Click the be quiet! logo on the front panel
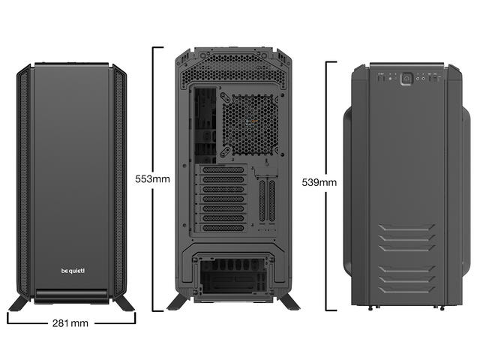[73, 271]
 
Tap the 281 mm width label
[70, 323]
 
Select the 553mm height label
[152, 178]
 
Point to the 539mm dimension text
[319, 182]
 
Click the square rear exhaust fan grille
[250, 125]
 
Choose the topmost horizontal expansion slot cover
[223, 170]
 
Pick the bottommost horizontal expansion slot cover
[223, 228]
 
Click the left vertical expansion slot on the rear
[262, 201]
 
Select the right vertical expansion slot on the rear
[271, 201]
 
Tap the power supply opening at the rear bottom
[233, 275]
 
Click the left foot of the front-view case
[19, 303]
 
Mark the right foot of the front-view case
[124, 303]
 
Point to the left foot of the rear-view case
[178, 301]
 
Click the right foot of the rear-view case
[289, 301]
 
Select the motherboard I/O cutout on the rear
[205, 125]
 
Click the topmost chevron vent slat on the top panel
[406, 227]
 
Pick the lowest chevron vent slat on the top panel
[406, 289]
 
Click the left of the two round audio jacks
[418, 79]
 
